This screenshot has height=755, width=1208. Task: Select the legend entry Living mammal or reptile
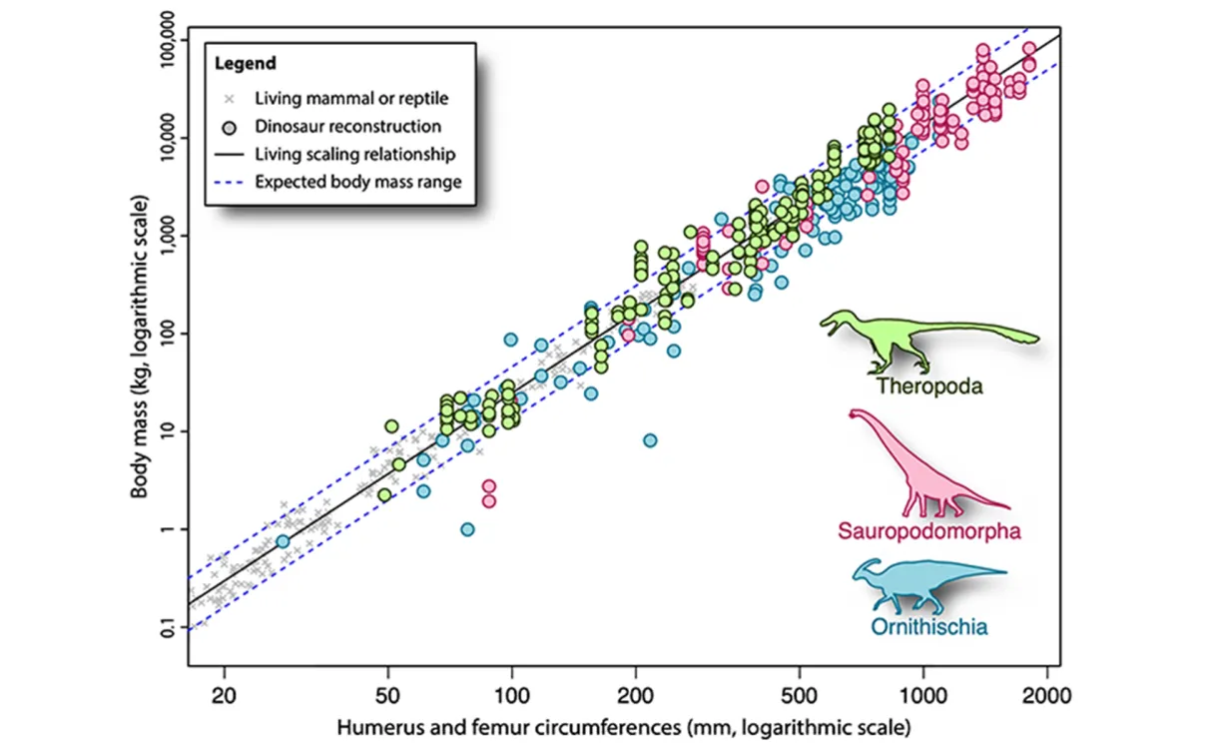tap(350, 98)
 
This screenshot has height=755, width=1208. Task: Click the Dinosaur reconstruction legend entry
tap(346, 127)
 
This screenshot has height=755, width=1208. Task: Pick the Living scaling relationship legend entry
tap(354, 155)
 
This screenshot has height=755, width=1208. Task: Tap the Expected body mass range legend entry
tap(362, 183)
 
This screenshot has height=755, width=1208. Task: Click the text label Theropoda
tap(928, 386)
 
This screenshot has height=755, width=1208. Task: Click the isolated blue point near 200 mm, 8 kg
tap(650, 440)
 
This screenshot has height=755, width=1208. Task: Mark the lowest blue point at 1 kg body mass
tap(467, 529)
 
